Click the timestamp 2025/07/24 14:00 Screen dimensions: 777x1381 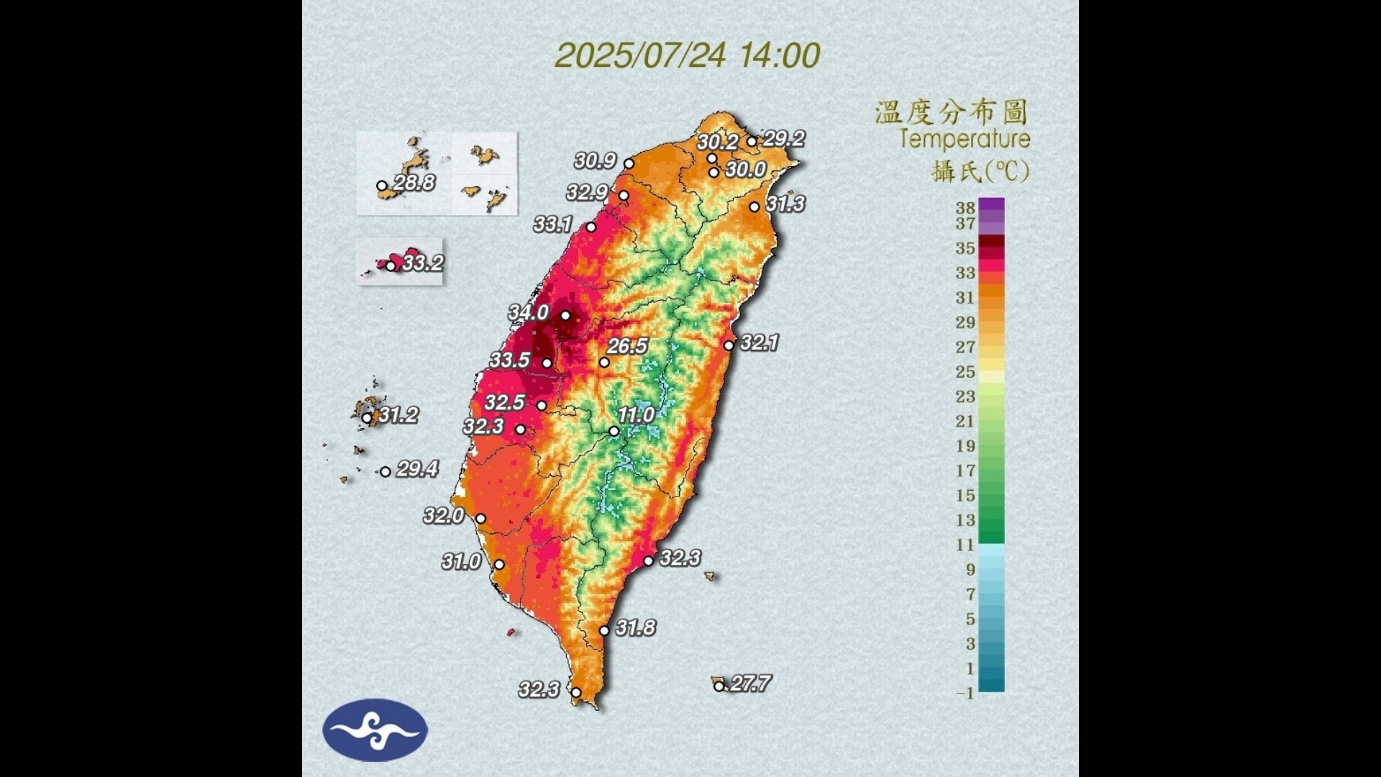click(x=688, y=55)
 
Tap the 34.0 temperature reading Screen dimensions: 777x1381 click(x=529, y=313)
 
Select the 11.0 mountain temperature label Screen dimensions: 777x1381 click(x=636, y=415)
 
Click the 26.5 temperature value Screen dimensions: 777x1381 click(x=627, y=347)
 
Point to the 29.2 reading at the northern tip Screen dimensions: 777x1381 click(x=783, y=139)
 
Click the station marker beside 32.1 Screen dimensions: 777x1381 click(x=729, y=345)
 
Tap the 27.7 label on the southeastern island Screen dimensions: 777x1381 click(x=749, y=683)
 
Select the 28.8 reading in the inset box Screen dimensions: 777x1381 click(x=414, y=183)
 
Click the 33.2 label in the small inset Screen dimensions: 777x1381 click(x=422, y=263)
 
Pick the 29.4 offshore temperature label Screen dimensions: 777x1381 click(x=417, y=470)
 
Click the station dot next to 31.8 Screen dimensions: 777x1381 click(x=604, y=630)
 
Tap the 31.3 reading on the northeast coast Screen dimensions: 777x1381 click(x=785, y=204)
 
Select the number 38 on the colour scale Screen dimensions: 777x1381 click(x=965, y=208)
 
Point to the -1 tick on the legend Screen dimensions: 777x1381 click(x=965, y=693)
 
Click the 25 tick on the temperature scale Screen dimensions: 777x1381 click(x=965, y=372)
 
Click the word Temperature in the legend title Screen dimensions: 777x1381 click(x=965, y=139)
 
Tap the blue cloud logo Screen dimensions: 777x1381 click(x=375, y=730)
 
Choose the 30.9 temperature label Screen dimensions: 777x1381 click(x=595, y=161)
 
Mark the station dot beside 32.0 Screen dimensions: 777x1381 click(x=480, y=519)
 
